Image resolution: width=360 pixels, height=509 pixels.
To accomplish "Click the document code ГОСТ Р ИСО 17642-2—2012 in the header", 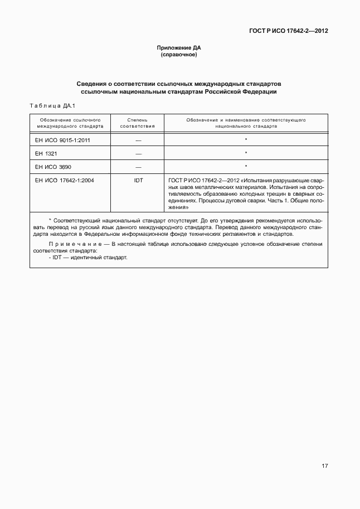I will point(288,31).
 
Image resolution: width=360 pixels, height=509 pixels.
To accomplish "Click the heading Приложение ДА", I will point(179,49).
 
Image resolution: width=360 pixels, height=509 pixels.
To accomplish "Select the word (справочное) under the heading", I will point(179,55).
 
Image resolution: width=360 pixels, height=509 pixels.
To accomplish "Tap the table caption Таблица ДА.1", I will point(51,105).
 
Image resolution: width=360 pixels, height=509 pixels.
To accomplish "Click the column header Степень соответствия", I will point(137,123).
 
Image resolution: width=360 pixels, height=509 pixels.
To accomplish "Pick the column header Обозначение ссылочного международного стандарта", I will point(70,123).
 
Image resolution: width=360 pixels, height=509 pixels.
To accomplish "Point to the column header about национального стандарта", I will point(246,123).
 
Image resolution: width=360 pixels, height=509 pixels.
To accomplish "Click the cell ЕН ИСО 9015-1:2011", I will point(62,140).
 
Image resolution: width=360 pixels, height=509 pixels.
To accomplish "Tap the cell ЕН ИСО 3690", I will point(53,167).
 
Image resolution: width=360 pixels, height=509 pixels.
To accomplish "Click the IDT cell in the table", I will point(138,181).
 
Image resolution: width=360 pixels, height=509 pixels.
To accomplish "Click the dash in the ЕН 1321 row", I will point(138,154).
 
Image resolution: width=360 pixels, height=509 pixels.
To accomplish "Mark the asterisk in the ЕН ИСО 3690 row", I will point(246,166).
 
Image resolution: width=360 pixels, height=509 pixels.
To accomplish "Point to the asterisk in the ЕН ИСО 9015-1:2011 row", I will point(246,139).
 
